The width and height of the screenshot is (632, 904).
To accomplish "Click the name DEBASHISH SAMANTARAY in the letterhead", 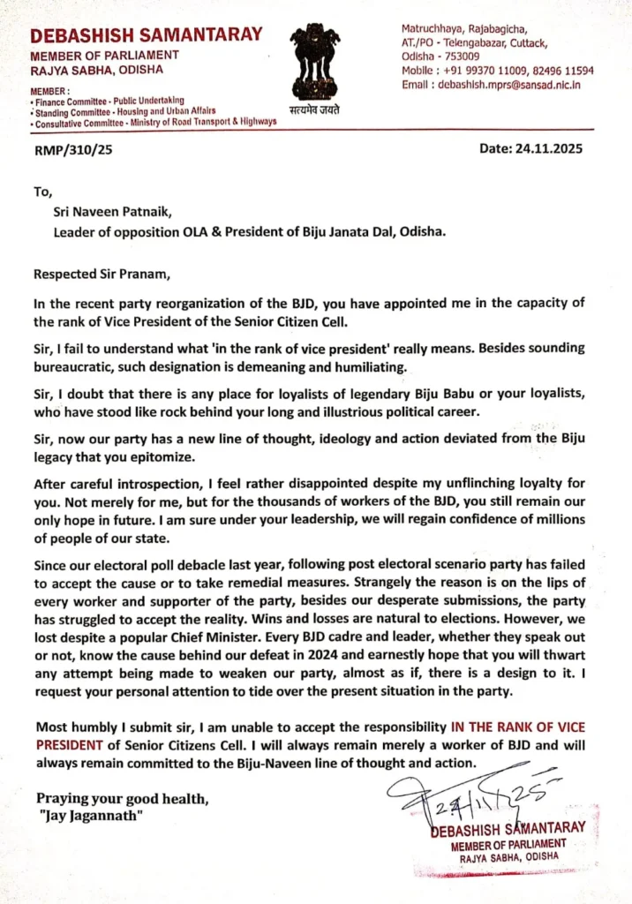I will pyautogui.click(x=147, y=35).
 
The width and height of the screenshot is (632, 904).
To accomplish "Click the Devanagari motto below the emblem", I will pyautogui.click(x=314, y=109).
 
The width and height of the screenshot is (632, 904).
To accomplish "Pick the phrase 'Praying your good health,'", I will pyautogui.click(x=123, y=799).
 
